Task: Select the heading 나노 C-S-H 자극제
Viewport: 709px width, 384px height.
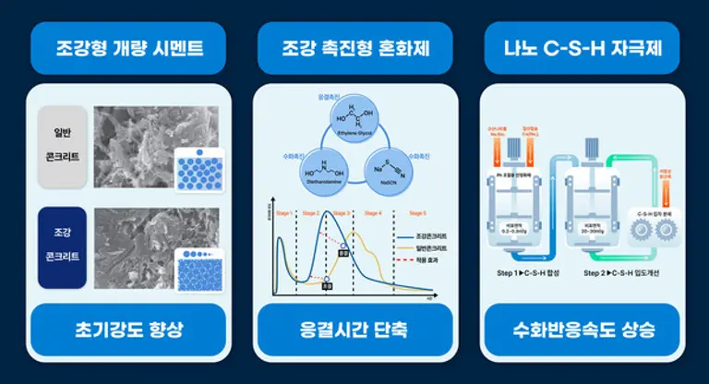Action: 582,47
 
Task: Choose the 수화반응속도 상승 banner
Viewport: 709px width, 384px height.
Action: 582,330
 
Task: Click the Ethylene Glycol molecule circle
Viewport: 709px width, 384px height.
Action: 354,121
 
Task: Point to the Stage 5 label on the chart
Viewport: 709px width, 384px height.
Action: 416,213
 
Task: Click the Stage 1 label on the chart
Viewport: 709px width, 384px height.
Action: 282,213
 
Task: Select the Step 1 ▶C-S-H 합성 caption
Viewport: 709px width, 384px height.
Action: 526,273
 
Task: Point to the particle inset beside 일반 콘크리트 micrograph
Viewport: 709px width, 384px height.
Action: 199,169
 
